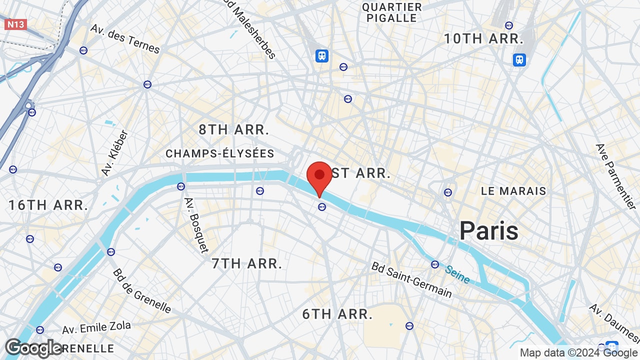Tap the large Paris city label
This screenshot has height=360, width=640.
tap(489, 230)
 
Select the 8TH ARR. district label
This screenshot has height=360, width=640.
tap(234, 129)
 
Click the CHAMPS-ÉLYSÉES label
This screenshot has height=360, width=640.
tap(220, 153)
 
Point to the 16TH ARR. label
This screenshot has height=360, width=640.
tap(48, 204)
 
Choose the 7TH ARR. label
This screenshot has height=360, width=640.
tap(247, 263)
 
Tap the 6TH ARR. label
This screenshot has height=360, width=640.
tap(337, 314)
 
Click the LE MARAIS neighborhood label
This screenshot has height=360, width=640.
tap(513, 191)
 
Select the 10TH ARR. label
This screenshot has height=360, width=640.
tap(483, 38)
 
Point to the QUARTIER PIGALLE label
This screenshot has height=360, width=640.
tap(392, 12)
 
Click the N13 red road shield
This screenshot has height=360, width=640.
tap(15, 24)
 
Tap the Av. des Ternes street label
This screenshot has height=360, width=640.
tap(125, 38)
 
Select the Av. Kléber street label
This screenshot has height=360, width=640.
tap(115, 153)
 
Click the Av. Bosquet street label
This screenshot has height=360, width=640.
tap(196, 224)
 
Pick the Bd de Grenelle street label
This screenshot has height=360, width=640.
tap(142, 290)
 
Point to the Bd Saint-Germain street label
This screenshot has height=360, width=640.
tap(411, 279)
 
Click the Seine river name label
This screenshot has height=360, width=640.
tap(457, 274)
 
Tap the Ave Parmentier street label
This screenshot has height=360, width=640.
tap(615, 176)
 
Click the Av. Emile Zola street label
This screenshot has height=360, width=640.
tap(96, 328)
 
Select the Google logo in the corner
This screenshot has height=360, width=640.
tap(34, 348)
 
